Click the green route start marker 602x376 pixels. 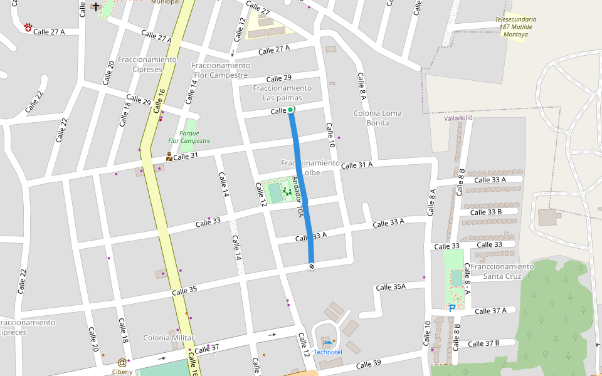(290, 110)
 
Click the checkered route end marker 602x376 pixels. (311, 266)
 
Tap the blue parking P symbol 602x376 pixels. (451, 308)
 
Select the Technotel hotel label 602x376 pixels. (328, 352)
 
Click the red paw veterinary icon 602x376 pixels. (28, 27)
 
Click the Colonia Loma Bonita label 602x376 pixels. (377, 118)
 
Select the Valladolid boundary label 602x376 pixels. (458, 118)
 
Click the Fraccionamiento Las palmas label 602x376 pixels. (282, 93)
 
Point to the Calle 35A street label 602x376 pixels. (391, 287)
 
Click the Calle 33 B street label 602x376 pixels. (486, 212)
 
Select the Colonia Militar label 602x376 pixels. (169, 338)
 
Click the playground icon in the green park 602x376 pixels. (288, 191)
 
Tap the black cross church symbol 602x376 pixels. (95, 7)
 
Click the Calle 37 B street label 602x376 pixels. (483, 343)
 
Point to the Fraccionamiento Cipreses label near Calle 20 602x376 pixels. (147, 64)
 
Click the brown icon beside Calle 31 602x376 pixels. (169, 157)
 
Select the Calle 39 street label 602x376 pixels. (368, 364)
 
